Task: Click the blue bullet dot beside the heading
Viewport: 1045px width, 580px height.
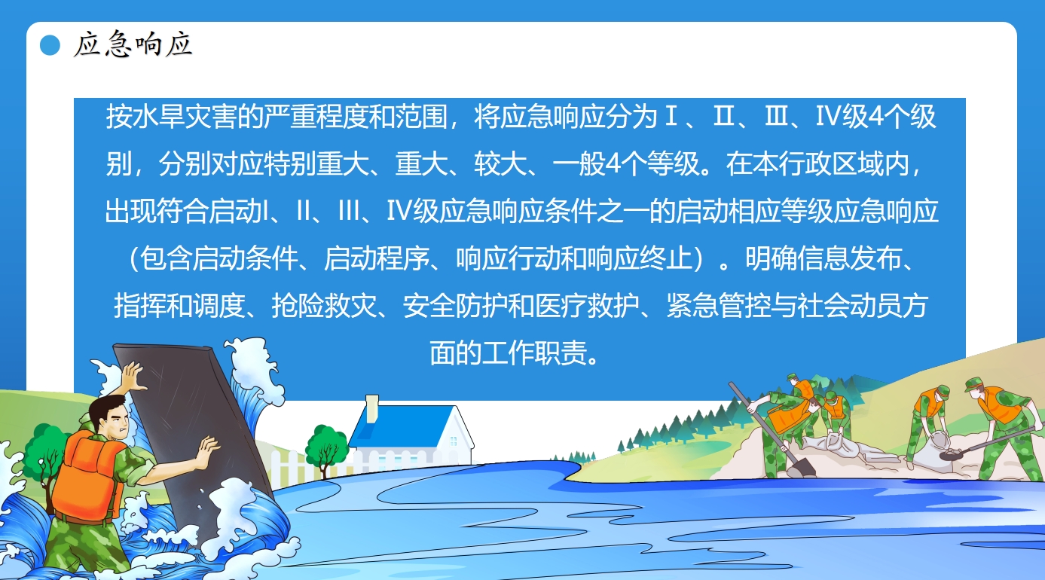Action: (50, 45)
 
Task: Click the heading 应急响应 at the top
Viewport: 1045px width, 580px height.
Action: (133, 44)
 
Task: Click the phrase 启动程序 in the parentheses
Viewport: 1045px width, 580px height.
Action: (377, 258)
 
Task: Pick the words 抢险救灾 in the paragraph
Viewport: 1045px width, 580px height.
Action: (324, 306)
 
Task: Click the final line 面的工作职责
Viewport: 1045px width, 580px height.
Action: (514, 353)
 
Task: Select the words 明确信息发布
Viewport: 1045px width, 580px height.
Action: (824, 258)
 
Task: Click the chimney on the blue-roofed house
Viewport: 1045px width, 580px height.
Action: (371, 409)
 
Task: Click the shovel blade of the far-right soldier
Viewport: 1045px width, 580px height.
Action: (951, 453)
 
